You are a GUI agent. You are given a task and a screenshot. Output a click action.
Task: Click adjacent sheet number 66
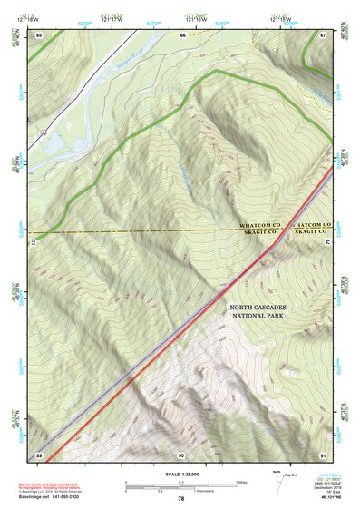(x=182, y=34)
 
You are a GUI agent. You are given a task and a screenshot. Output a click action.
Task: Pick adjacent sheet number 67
(x=323, y=34)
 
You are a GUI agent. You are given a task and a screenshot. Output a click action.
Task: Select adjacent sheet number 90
(x=181, y=454)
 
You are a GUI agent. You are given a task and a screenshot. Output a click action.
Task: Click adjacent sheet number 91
(x=323, y=454)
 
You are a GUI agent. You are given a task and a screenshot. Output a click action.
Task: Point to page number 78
(x=181, y=498)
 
